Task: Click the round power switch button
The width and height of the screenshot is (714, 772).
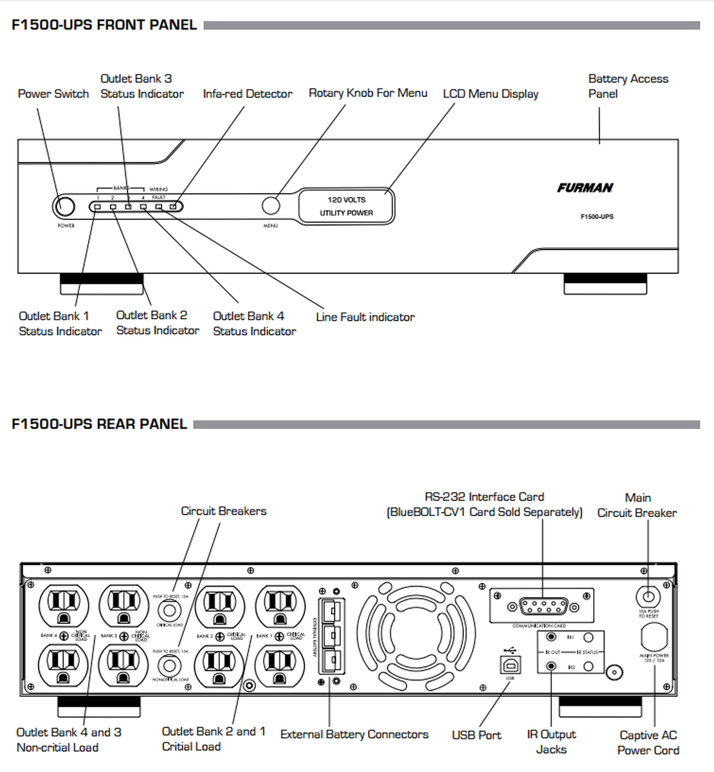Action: pyautogui.click(x=63, y=207)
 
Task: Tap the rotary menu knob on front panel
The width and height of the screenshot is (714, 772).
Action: pyautogui.click(x=271, y=206)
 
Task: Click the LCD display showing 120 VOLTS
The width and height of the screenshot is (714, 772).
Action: pyautogui.click(x=346, y=207)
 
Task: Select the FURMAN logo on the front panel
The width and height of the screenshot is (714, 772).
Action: pyautogui.click(x=585, y=188)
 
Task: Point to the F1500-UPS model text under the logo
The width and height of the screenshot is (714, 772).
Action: pyautogui.click(x=597, y=217)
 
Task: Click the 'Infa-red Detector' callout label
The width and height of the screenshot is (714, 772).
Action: pyautogui.click(x=248, y=94)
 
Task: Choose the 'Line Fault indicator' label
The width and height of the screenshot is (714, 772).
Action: pyautogui.click(x=365, y=317)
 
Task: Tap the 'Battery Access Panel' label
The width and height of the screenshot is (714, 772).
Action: pyautogui.click(x=628, y=86)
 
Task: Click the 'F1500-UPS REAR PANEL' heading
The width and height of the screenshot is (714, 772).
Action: pyautogui.click(x=99, y=425)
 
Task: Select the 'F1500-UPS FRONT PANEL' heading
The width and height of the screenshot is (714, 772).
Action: pyautogui.click(x=104, y=25)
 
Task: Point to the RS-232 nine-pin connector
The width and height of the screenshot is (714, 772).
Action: pyautogui.click(x=544, y=606)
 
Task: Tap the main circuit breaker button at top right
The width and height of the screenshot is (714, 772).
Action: pyautogui.click(x=648, y=596)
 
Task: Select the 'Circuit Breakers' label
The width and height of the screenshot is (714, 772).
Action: pyautogui.click(x=223, y=511)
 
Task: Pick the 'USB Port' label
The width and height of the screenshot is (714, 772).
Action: pyautogui.click(x=476, y=735)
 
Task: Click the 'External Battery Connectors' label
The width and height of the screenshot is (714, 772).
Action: pyautogui.click(x=354, y=735)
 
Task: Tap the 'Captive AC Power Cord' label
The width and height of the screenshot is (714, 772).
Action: pyautogui.click(x=648, y=743)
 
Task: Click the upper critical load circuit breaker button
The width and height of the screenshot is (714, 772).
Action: pyautogui.click(x=170, y=611)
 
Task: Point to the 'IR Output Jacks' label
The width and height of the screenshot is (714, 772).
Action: pyautogui.click(x=551, y=742)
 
